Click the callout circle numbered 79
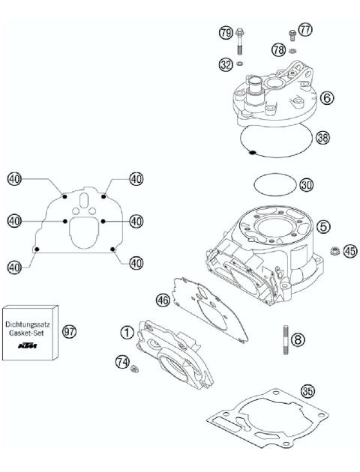point(226,33)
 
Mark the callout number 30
point(306,184)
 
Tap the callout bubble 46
point(163,299)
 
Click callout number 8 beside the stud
point(299,339)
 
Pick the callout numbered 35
point(307,390)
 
